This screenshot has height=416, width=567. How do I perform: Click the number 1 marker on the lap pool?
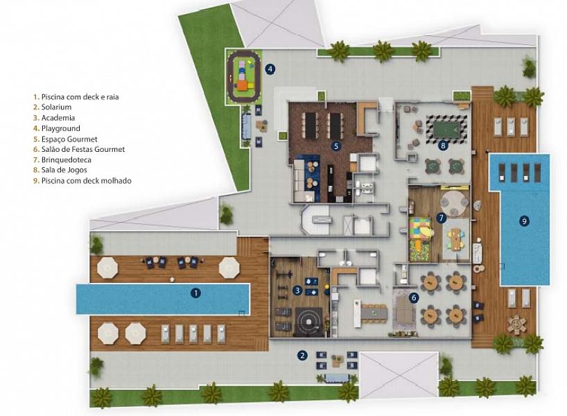(x=195, y=293)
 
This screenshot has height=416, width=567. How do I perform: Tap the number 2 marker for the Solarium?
(x=302, y=356)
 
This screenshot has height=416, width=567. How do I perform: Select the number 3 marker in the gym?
(x=297, y=290)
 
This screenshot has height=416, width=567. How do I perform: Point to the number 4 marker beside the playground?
(x=270, y=69)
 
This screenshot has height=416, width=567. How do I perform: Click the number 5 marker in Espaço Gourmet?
(x=336, y=146)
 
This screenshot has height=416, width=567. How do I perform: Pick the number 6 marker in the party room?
(x=414, y=297)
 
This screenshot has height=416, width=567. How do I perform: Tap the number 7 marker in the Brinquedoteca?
(x=441, y=218)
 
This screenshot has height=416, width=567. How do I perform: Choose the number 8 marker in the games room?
(x=443, y=146)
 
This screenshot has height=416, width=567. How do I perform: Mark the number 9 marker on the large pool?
(x=524, y=220)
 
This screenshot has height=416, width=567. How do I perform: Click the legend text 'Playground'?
(x=61, y=128)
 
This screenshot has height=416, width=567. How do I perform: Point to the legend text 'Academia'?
(x=58, y=118)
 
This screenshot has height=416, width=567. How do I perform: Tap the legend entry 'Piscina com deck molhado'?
(x=87, y=180)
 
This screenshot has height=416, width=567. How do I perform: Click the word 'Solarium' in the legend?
(x=56, y=107)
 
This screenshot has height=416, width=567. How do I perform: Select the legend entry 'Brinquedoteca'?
(x=66, y=160)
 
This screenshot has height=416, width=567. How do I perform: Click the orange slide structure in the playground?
(x=243, y=85)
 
